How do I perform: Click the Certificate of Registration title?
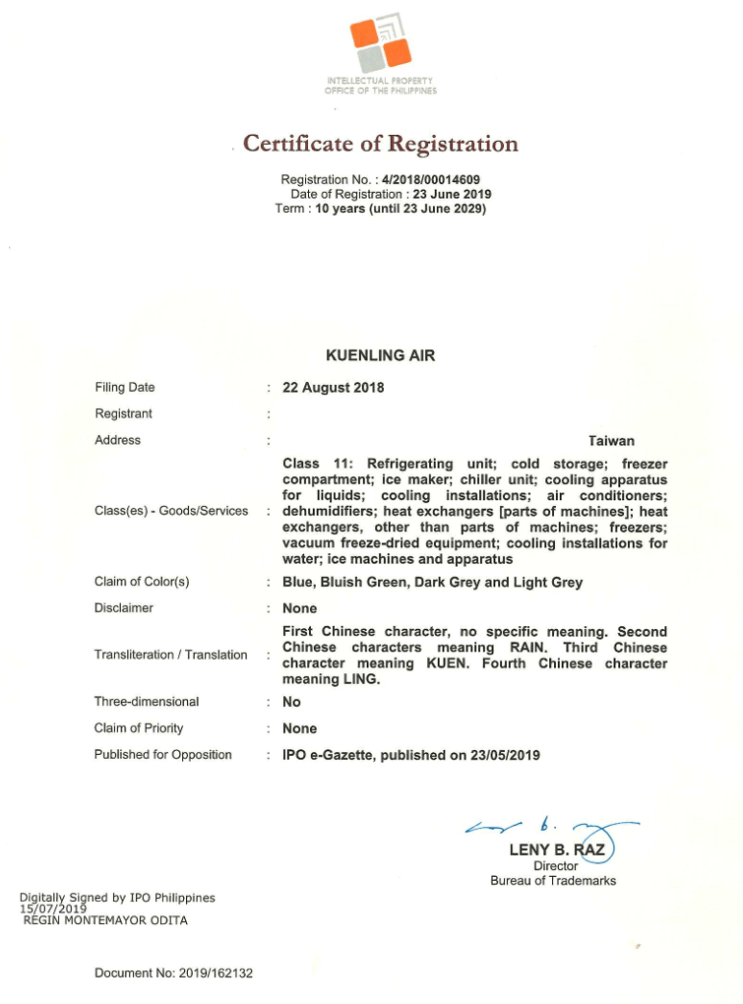[x=380, y=144]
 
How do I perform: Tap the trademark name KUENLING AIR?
[x=380, y=355]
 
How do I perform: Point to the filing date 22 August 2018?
[x=333, y=388]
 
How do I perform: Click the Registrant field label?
[x=123, y=414]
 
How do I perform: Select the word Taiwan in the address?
[x=611, y=441]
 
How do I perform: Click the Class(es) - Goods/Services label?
[x=171, y=511]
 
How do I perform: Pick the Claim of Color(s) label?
[x=142, y=582]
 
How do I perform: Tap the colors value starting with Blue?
[x=432, y=583]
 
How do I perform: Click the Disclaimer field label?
[x=124, y=608]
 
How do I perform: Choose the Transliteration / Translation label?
[x=171, y=655]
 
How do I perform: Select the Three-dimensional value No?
[x=291, y=703]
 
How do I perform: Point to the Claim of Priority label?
[x=139, y=728]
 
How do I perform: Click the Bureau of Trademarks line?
[x=553, y=881]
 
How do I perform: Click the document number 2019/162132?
[x=216, y=973]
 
